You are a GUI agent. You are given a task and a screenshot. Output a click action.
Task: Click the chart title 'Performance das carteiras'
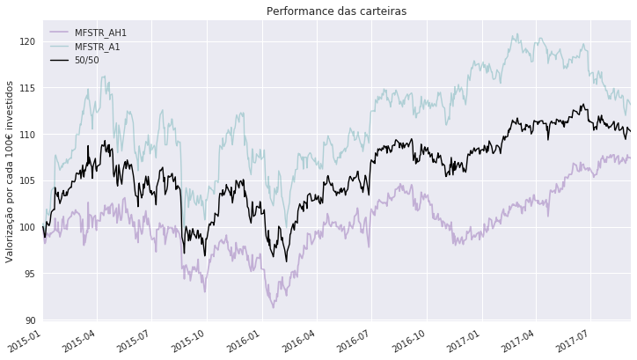point(336,11)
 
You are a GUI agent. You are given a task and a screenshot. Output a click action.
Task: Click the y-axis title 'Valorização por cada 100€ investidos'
point(10,171)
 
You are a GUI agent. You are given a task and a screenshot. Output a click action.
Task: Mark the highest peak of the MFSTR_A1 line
point(516,34)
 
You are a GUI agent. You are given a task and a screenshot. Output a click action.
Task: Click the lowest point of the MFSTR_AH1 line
point(273,307)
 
